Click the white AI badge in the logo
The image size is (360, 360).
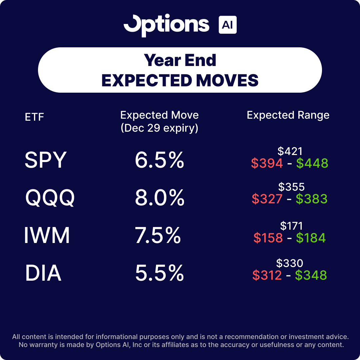[x=227, y=25]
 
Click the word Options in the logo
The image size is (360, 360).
[x=166, y=25]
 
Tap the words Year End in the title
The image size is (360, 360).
[x=180, y=60]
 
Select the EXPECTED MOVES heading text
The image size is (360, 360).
[x=180, y=80]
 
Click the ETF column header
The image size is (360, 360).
[x=34, y=117]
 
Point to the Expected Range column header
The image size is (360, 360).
[x=288, y=115]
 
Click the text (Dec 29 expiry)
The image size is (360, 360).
[x=159, y=128]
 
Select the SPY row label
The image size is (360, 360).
[x=46, y=160]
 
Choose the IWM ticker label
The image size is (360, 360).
[x=47, y=236]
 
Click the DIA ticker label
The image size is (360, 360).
[x=43, y=273]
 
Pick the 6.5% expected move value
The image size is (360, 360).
[x=159, y=160]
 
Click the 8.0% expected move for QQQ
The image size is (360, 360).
[x=159, y=198]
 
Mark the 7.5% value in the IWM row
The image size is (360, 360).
[x=158, y=236]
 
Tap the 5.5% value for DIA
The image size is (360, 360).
[x=159, y=273]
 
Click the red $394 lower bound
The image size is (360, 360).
[x=267, y=163]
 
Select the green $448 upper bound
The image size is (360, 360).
[x=312, y=163]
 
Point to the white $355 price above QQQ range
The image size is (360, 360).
[x=291, y=187]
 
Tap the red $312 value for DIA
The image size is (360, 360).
[x=267, y=275]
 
